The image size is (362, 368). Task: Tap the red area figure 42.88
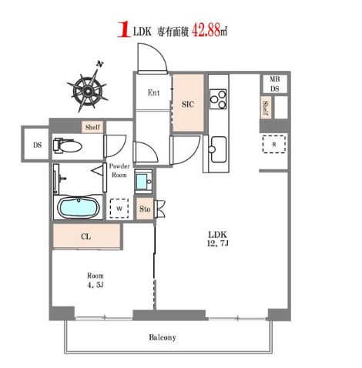(x=206, y=31)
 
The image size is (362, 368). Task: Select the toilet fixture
(x=68, y=146)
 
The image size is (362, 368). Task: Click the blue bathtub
(x=79, y=207)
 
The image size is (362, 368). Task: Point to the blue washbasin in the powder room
(x=143, y=182)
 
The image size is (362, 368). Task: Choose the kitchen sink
(x=218, y=149)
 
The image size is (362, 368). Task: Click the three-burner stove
(x=218, y=99)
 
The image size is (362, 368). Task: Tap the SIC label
(x=188, y=104)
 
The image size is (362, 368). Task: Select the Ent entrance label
(x=153, y=92)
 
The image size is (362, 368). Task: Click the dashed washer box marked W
(x=119, y=209)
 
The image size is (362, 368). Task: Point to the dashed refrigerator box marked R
(x=274, y=144)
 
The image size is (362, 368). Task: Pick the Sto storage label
(x=145, y=209)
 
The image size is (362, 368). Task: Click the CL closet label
(x=85, y=236)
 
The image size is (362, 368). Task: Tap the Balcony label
(x=163, y=337)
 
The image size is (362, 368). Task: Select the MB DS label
(x=274, y=84)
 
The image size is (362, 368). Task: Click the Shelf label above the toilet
(x=92, y=127)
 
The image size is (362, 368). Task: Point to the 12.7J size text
(x=217, y=243)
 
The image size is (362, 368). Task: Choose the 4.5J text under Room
(x=96, y=285)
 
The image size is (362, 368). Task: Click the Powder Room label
(x=119, y=170)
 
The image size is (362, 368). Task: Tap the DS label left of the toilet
(x=37, y=145)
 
